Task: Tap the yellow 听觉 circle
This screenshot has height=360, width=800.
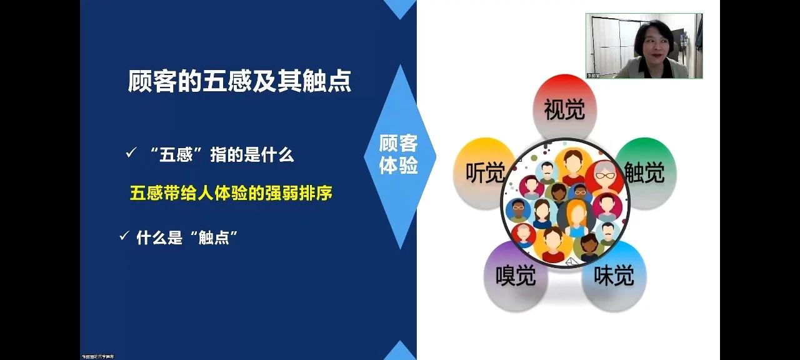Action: coord(482,172)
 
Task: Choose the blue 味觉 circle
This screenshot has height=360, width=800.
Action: coord(614,276)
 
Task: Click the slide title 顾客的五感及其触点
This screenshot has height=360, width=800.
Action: coord(239,81)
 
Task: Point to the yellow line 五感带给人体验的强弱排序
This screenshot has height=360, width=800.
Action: coord(231,193)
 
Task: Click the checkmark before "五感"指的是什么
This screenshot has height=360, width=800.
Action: coord(131,154)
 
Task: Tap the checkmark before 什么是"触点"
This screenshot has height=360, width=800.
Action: coord(124,236)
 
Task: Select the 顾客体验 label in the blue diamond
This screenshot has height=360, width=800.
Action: coord(398,155)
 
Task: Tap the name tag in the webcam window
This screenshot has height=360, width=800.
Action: coord(594,75)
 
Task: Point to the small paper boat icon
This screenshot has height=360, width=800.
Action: coord(569,263)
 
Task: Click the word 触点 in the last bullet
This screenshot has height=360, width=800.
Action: coord(213,237)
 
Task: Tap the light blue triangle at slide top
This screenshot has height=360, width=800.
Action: coord(399,7)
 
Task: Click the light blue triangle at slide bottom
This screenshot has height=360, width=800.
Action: coord(399,351)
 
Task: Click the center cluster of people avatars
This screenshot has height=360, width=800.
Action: coord(564,204)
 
